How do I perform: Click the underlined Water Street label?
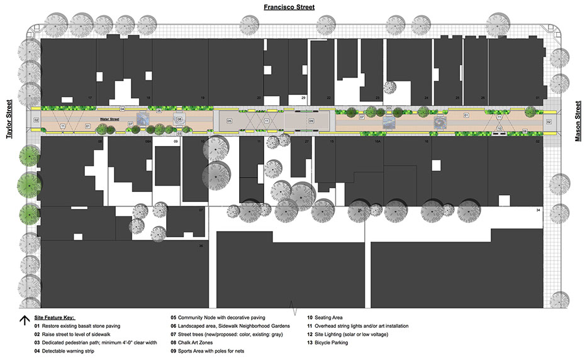[x=109, y=118]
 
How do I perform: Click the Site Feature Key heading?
[x=59, y=318]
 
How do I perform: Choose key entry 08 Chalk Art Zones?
[x=192, y=343]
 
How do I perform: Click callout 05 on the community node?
[x=230, y=120]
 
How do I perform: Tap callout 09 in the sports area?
[x=311, y=120]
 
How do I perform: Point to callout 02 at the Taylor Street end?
[x=36, y=120]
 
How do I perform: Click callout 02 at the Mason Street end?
[x=549, y=121]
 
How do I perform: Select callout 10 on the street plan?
[x=499, y=128]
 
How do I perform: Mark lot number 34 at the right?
[x=539, y=209]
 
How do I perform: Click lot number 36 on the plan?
[x=201, y=246]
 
